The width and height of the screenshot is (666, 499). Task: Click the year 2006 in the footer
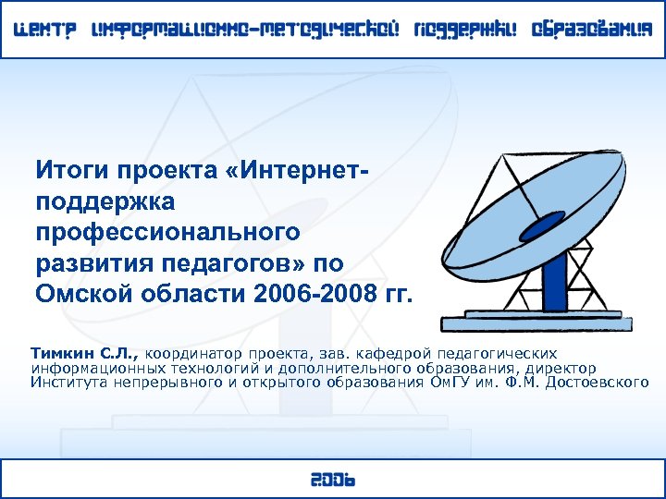pyautogui.click(x=332, y=480)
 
